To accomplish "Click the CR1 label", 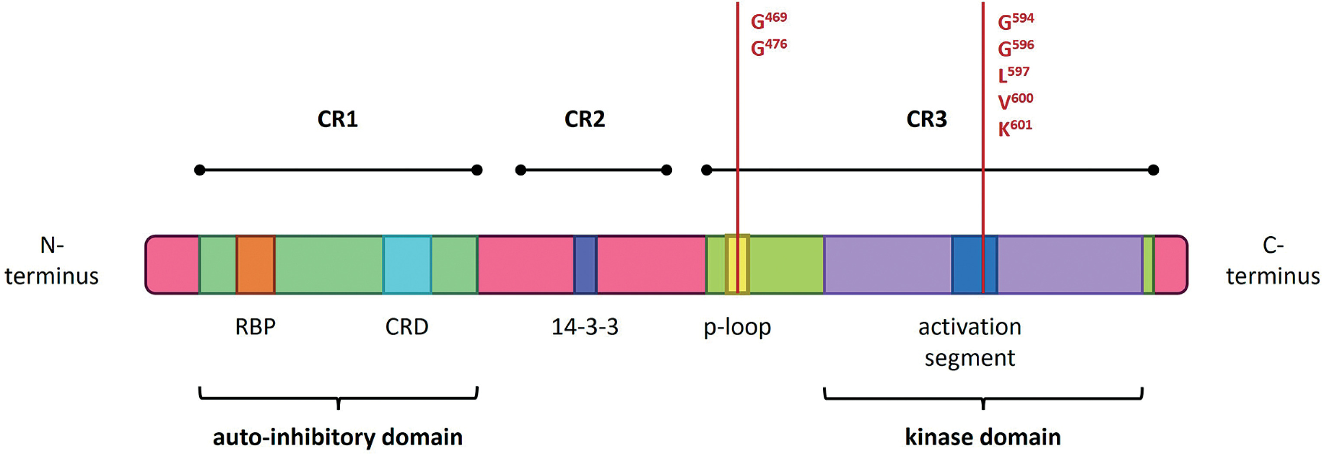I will tap(337, 119).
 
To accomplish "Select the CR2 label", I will tap(584, 119).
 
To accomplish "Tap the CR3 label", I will tap(927, 119).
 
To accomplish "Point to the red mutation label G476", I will tap(768, 48).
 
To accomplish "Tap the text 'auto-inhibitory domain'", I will tap(338, 437).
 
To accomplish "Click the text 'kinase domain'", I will tap(982, 437).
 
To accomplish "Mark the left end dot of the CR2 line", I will tap(521, 170).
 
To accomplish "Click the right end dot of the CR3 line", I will tap(1153, 170).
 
